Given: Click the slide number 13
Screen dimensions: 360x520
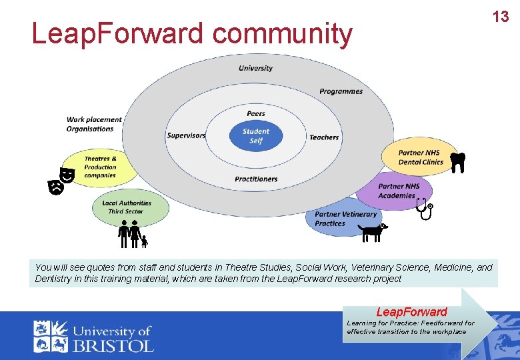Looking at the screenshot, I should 501,17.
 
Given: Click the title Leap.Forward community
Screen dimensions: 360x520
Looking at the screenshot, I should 192,34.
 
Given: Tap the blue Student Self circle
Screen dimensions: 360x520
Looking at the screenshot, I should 256,136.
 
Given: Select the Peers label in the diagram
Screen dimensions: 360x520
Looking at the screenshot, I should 256,114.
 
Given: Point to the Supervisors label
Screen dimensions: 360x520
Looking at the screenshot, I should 186,136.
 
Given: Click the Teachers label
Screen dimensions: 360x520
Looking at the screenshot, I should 324,137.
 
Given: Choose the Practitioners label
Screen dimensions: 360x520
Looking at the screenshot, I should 256,179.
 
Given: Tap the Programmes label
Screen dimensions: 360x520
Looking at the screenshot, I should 341,91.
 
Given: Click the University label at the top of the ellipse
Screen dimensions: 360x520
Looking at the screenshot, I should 256,68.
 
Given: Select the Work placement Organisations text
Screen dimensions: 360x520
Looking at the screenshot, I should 94,125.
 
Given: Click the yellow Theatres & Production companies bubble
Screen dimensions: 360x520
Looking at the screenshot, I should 101,167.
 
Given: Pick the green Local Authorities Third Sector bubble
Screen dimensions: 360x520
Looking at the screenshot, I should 127,207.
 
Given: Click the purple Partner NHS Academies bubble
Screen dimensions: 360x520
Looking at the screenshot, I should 399,191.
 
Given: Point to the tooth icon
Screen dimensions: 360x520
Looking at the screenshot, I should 457,162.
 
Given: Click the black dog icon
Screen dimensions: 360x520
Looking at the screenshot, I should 373,231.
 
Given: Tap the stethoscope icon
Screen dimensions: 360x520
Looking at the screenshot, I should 424,209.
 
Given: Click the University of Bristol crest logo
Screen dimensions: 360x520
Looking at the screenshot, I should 51,336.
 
